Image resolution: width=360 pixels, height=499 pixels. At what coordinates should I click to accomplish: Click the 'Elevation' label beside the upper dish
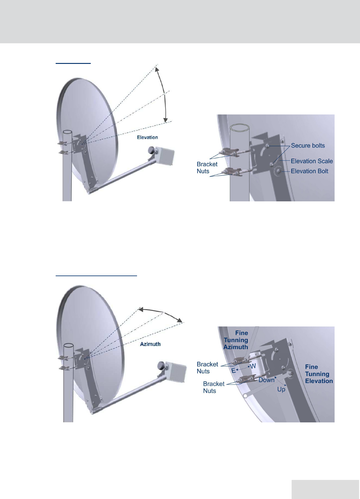coord(147,137)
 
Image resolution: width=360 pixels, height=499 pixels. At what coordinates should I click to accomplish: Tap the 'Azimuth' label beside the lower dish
coord(150,344)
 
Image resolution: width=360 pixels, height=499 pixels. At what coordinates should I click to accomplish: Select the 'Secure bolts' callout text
coord(308,146)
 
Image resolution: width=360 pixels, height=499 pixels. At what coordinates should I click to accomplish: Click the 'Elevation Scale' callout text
coord(312,161)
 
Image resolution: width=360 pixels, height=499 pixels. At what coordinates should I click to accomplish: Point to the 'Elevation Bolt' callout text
coord(309,171)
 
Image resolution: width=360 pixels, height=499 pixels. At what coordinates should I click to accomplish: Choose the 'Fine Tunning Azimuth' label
coord(236,340)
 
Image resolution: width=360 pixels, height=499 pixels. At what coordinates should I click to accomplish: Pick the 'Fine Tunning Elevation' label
coord(319,374)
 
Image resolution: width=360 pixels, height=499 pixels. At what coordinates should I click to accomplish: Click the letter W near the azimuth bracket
coord(253,366)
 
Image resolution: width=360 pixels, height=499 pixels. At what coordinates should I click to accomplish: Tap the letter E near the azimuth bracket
coord(233,371)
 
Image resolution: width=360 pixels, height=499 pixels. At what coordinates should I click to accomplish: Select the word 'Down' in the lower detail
coord(266,380)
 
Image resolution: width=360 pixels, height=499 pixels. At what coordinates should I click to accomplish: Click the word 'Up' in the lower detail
coord(281,389)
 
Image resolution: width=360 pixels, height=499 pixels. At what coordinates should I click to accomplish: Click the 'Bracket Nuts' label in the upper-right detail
coord(207,168)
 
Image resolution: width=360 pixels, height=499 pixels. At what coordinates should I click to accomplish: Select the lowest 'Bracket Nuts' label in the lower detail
coord(213,387)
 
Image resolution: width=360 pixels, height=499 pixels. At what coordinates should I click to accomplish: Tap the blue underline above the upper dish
coord(73,63)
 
